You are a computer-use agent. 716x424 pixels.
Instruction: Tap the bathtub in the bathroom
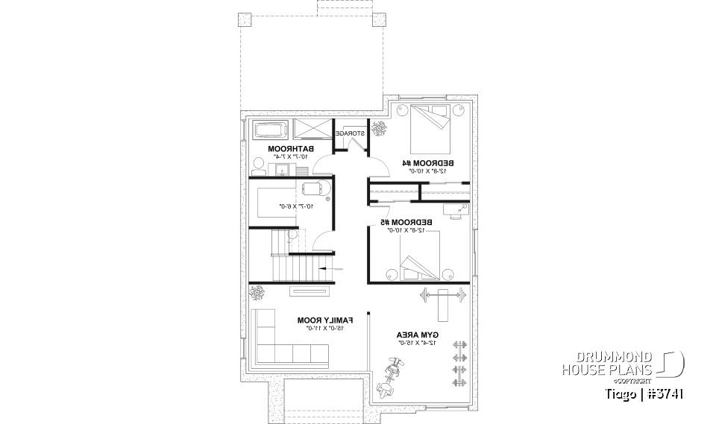[x=270, y=130]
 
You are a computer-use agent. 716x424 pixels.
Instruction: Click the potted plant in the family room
[x=258, y=291]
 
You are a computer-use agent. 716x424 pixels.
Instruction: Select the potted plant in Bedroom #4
[x=380, y=128]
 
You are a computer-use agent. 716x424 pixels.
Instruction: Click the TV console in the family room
[x=308, y=291]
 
